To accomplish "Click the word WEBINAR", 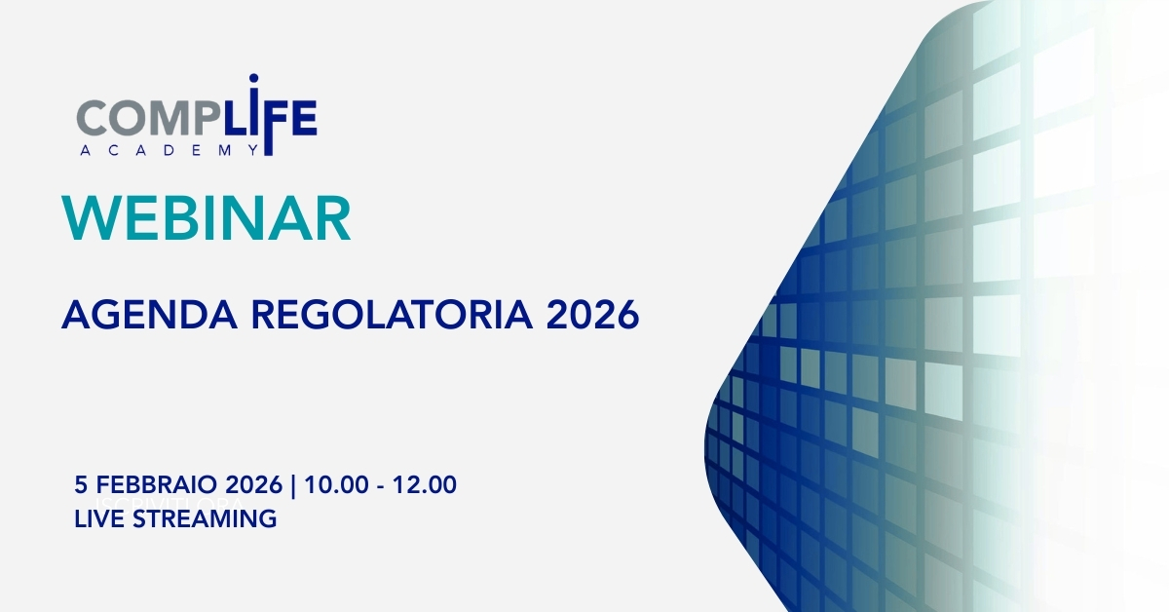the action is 207,217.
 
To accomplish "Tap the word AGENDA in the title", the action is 149,315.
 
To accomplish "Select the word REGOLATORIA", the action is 392,315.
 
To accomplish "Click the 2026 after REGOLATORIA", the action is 593,315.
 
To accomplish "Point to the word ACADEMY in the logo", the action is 170,150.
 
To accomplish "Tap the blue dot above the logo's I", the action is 253,78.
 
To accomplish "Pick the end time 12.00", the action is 425,484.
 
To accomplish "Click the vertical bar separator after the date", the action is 293,485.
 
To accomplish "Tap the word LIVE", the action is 99,518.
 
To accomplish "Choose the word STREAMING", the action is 205,518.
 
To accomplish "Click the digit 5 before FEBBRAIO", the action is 80,484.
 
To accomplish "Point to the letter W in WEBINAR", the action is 92,217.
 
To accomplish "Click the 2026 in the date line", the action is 253,484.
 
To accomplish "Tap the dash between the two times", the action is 381,486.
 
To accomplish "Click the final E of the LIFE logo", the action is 304,118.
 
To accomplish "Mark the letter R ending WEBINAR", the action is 333,217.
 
